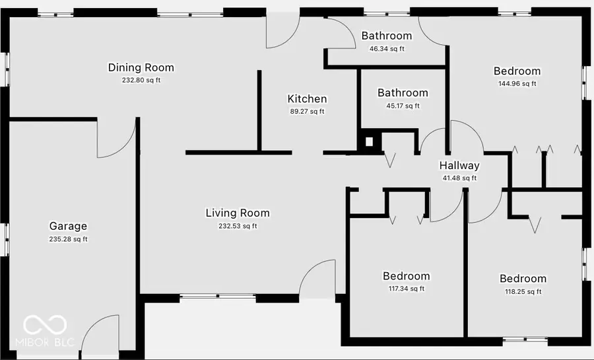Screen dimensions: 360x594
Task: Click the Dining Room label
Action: [141, 67]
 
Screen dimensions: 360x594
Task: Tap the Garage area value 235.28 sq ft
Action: [68, 239]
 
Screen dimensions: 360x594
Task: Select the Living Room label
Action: [238, 213]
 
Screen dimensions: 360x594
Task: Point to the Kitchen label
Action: [307, 99]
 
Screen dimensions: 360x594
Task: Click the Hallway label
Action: [459, 166]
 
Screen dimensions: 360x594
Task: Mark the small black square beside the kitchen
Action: [369, 141]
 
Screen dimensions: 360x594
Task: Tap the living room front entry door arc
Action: [319, 277]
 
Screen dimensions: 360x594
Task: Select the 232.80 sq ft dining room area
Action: [141, 80]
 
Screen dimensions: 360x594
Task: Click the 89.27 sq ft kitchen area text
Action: [307, 112]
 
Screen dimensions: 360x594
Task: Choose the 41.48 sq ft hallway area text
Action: [459, 178]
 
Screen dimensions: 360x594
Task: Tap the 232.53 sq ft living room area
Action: [238, 226]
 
